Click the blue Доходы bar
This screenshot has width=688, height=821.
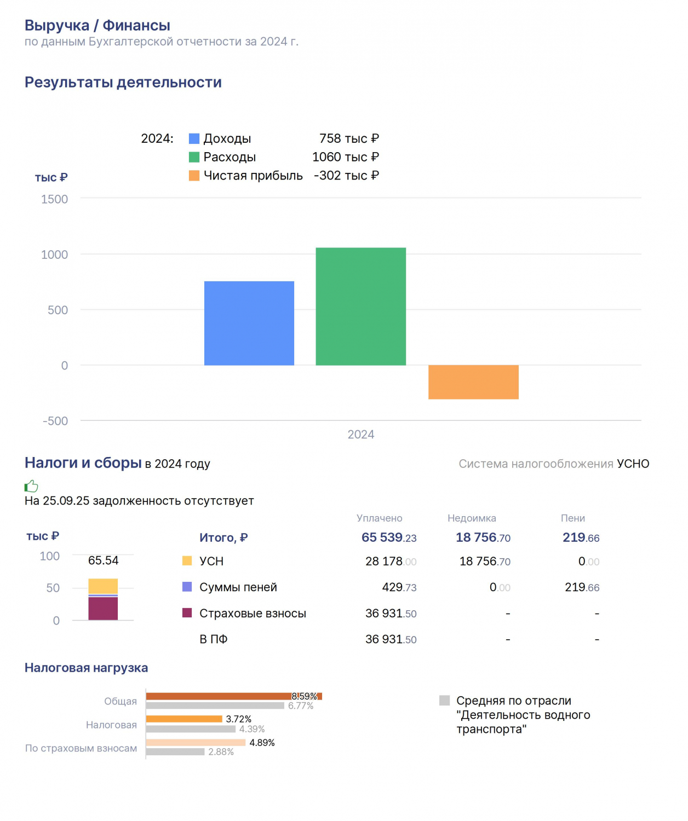point(249,323)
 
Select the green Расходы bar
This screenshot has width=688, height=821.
point(360,307)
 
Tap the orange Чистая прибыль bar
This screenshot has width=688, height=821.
point(473,382)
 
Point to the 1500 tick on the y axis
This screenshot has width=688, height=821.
point(54,199)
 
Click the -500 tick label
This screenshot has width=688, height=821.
point(55,421)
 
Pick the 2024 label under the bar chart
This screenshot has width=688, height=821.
point(360,434)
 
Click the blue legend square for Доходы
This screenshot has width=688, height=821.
point(194,138)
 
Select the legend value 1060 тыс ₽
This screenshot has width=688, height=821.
point(345,157)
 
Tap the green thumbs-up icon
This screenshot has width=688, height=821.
point(31,486)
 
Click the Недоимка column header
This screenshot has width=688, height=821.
point(472,518)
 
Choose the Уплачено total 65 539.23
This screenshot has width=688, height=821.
point(388,537)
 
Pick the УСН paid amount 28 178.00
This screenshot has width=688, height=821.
point(391,561)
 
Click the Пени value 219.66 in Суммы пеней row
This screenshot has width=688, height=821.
point(582,587)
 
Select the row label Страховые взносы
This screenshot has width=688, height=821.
point(253,613)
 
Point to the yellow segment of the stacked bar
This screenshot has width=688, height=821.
point(103,586)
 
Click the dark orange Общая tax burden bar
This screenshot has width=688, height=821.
point(234,696)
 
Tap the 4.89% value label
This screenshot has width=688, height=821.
point(262,742)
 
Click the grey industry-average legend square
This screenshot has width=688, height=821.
point(444,700)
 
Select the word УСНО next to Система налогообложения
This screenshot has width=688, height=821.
point(633,464)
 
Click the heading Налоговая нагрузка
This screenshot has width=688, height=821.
point(86,668)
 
